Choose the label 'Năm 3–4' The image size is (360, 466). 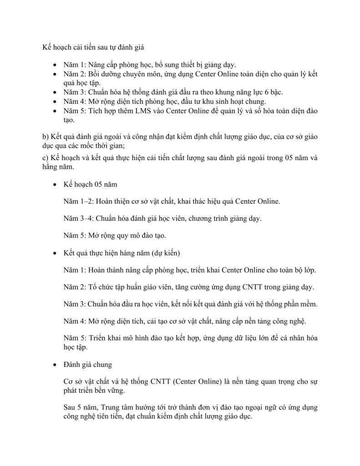(78, 218)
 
